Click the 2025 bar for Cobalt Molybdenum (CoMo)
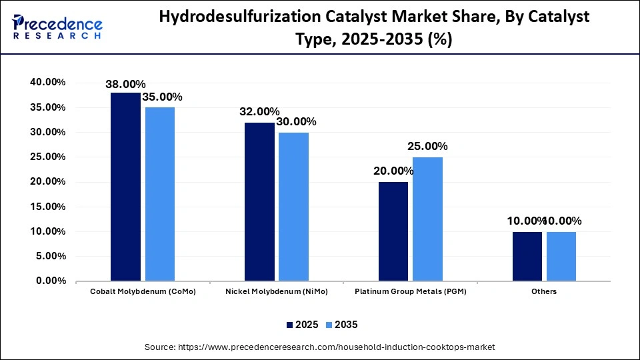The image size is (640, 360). (125, 187)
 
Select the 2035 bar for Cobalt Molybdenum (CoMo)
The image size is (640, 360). (160, 194)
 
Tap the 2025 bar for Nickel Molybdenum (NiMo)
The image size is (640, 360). (259, 201)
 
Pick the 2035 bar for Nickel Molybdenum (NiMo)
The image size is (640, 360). (294, 207)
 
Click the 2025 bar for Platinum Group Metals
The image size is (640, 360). (393, 231)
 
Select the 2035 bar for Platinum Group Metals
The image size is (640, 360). (427, 219)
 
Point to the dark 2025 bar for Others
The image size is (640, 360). (527, 256)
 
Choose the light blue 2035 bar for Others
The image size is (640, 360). (561, 256)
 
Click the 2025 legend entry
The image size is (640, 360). (302, 325)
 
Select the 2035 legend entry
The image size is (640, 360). (341, 325)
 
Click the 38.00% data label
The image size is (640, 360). (125, 84)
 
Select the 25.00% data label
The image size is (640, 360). (427, 146)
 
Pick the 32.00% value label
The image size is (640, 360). (259, 111)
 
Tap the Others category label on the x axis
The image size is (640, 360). (544, 291)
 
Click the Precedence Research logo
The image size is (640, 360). (57, 27)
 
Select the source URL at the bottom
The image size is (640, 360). (320, 347)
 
